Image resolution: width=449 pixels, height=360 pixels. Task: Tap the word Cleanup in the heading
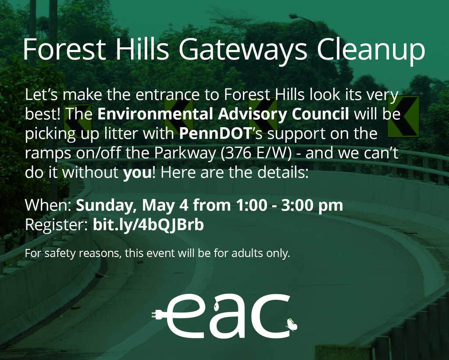point(371,50)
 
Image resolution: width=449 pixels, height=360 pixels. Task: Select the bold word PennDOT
point(215,134)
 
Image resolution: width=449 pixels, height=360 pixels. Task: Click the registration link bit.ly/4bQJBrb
point(148,225)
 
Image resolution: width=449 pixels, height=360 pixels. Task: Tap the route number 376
point(237,153)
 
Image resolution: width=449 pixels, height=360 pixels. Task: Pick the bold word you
point(137,173)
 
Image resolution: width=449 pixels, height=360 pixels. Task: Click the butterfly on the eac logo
point(292,324)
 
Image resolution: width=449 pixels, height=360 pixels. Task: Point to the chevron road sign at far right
point(404,116)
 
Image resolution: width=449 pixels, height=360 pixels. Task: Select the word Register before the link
point(56,225)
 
